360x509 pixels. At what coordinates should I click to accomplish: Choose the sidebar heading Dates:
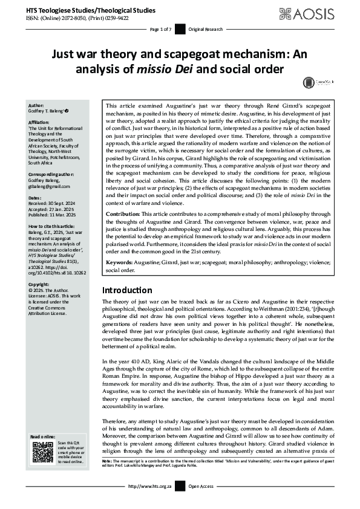36,198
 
